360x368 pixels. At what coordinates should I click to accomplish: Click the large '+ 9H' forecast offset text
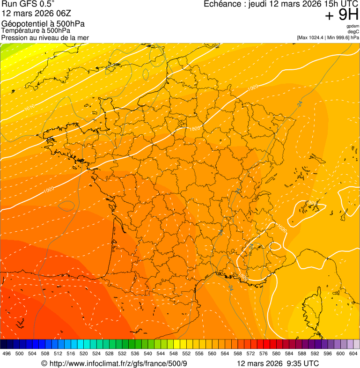click(x=342, y=15)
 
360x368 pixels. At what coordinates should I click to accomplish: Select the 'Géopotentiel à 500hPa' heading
click(x=43, y=23)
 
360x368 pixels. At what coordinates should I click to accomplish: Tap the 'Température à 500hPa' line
click(x=36, y=30)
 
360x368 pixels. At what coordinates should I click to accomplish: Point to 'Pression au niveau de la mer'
click(x=45, y=37)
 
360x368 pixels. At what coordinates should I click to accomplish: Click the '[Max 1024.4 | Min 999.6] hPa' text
click(x=328, y=37)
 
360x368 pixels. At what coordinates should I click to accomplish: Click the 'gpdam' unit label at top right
click(x=353, y=26)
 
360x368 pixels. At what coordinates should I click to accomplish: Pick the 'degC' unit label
click(x=353, y=32)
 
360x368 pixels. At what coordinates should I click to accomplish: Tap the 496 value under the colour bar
click(x=7, y=353)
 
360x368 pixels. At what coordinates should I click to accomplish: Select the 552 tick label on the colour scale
click(x=186, y=353)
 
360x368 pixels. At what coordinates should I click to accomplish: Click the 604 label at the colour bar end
click(x=353, y=353)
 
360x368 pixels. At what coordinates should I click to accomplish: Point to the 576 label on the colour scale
click(x=264, y=353)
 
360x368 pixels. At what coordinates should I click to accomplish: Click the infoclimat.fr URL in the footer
click(x=114, y=364)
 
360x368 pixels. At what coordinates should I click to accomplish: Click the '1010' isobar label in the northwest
click(x=29, y=107)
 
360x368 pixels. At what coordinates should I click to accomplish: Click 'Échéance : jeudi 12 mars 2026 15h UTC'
click(x=281, y=4)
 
